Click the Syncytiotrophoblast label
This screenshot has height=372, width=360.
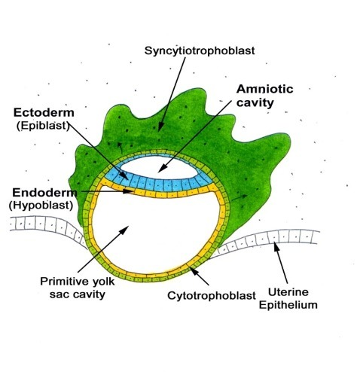[200, 51]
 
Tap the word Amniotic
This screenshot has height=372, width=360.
[265, 89]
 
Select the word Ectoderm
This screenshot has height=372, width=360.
[44, 113]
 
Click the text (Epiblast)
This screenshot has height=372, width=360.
[43, 126]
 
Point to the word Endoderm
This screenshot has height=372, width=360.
[44, 193]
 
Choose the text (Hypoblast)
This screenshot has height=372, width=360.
[41, 206]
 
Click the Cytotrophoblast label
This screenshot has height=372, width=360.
[212, 296]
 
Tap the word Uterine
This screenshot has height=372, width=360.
[288, 292]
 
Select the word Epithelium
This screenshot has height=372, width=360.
[288, 305]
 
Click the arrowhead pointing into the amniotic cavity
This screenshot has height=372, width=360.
[162, 168]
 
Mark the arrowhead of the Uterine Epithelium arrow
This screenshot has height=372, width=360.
[276, 247]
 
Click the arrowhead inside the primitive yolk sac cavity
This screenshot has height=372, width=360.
[124, 230]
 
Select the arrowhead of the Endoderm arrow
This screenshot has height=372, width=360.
[129, 192]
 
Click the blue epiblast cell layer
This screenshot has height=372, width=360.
[160, 184]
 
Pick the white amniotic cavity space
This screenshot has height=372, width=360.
[160, 167]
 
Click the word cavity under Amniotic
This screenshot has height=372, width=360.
[255, 103]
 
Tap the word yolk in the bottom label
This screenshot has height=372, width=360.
[104, 282]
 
